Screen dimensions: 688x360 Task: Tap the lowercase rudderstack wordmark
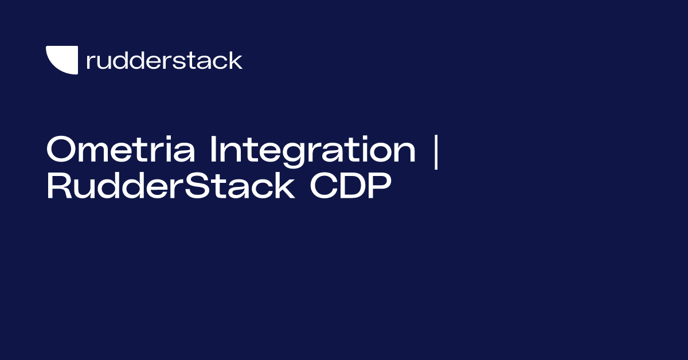point(165,61)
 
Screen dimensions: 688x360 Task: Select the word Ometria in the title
point(121,149)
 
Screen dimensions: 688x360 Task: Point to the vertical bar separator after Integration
point(436,152)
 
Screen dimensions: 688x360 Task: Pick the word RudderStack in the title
point(171,186)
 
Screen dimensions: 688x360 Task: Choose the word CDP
point(350,186)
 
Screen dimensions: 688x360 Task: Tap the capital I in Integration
point(213,149)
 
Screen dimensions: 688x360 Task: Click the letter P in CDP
point(381,186)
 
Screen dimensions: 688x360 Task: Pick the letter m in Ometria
point(93,152)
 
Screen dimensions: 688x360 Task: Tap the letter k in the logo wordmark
point(235,60)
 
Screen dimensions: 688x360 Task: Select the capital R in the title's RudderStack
point(60,186)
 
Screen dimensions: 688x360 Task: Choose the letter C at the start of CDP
point(323,186)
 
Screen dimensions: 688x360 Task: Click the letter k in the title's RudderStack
point(284,185)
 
